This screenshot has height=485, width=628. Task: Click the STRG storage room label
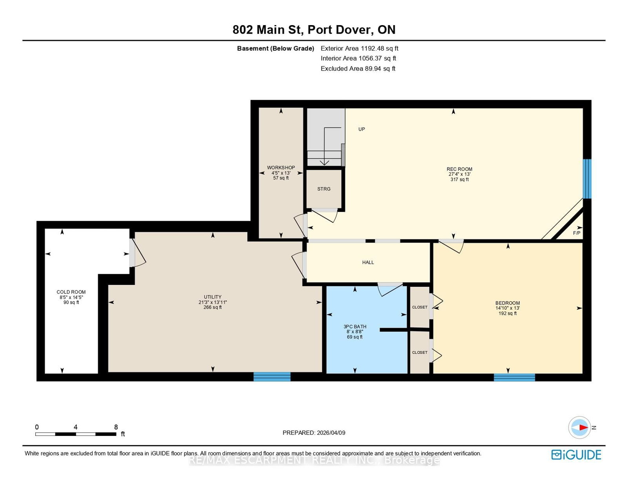tap(324, 189)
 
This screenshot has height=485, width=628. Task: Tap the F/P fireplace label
tap(577, 233)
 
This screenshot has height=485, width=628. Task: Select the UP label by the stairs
tap(361, 129)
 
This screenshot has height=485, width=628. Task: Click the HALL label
tap(368, 262)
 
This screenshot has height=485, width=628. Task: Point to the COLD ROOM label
tap(71, 292)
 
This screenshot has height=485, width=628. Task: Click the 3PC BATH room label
tap(354, 327)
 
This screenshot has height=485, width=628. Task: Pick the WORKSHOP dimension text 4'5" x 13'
tap(281, 173)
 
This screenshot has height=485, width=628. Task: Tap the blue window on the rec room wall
tap(587, 179)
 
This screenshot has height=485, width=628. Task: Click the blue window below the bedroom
tap(514, 377)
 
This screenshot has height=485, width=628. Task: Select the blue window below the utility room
tap(272, 377)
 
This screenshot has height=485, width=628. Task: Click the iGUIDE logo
tap(576, 455)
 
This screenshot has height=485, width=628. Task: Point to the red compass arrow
tap(584, 428)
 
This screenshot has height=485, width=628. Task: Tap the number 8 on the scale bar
tap(116, 427)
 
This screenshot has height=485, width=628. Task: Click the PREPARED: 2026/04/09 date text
tap(314, 433)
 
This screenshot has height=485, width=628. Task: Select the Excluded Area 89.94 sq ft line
tap(358, 68)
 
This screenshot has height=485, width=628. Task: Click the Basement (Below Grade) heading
tap(276, 48)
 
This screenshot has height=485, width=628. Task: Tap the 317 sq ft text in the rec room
tap(459, 179)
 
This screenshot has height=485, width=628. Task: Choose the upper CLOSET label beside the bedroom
tap(420, 307)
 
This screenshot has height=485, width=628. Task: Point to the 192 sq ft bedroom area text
tap(508, 313)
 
